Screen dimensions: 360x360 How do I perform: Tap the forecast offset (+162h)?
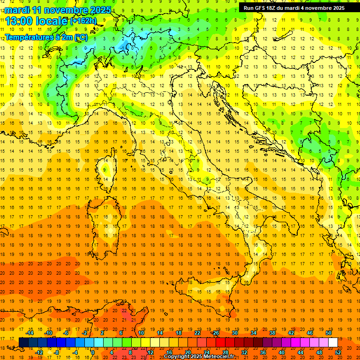[83, 21]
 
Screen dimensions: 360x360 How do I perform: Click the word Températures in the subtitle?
[27, 37]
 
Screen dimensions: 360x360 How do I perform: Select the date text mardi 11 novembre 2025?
[58, 10]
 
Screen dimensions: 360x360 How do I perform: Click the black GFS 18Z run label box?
[294, 7]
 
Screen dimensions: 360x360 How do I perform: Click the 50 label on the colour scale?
[329, 332]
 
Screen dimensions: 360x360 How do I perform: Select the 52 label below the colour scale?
[338, 352]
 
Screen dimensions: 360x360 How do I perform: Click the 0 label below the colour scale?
[93, 352]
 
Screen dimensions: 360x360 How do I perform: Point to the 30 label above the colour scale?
[235, 332]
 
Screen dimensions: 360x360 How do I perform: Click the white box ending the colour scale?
[333, 342]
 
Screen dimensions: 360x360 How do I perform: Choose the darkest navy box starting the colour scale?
[23, 342]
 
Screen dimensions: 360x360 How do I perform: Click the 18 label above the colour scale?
[179, 332]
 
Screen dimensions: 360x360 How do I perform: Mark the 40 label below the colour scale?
[282, 352]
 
